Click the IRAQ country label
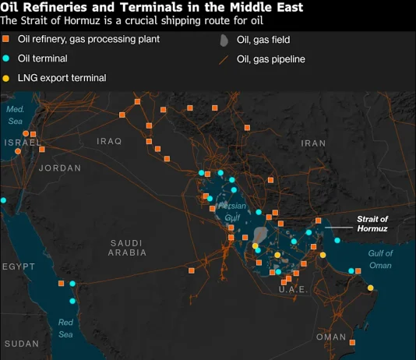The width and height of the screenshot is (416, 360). point(110,141)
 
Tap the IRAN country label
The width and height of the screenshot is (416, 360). point(313,143)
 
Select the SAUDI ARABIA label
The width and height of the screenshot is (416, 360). point(128,248)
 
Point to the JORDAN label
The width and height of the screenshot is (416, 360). point(59,168)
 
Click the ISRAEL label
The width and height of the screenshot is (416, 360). point(22,143)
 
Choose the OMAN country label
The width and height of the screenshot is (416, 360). point(331,337)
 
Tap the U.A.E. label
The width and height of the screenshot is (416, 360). point(294,290)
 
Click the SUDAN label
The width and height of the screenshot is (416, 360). point(21,344)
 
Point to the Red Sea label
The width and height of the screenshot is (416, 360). point(65,328)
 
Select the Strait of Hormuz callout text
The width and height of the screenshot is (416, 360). point(372,224)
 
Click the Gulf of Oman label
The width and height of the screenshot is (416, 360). point(380,259)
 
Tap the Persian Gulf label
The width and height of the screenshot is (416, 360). point(232,212)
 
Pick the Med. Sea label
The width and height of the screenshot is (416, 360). point(16,115)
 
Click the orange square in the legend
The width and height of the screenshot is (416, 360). point(6,38)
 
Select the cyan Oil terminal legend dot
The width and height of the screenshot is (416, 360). point(6,58)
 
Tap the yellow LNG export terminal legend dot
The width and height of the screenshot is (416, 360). point(6,78)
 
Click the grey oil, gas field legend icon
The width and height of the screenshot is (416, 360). point(224,40)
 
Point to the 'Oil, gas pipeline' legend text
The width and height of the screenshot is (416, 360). point(270,58)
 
